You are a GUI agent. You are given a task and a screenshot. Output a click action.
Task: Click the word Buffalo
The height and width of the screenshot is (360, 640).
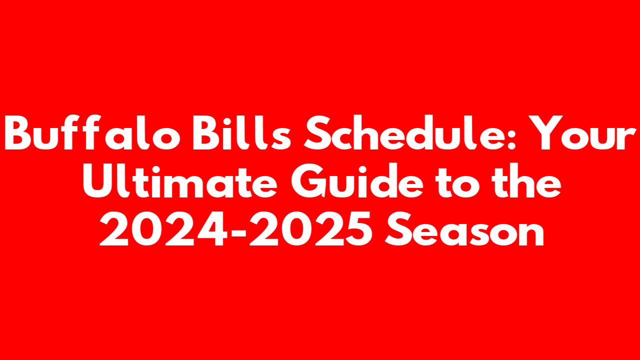(x=92, y=132)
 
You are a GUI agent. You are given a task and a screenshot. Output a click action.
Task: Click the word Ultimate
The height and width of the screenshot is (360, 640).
(x=179, y=180)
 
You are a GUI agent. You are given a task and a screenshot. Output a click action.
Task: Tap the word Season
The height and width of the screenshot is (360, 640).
(x=464, y=228)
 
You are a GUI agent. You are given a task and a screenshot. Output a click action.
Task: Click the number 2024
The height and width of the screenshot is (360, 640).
(x=163, y=228)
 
